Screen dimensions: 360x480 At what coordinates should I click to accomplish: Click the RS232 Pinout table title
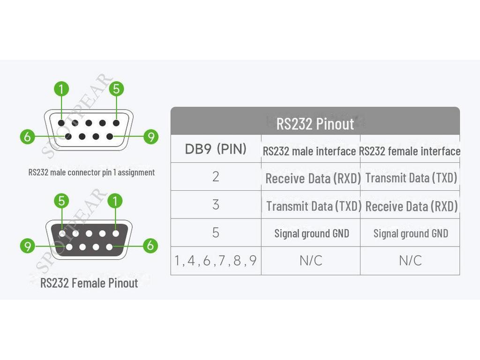tap(315, 124)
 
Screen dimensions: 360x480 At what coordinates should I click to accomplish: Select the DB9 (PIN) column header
tap(216, 150)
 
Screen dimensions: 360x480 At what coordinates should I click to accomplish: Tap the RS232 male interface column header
tap(309, 151)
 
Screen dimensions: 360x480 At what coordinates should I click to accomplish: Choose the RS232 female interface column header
tap(410, 151)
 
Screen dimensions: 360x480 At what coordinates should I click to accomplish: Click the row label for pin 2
tap(216, 177)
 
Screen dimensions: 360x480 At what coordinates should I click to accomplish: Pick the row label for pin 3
tap(216, 205)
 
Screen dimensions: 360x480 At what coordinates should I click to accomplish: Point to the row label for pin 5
tap(216, 232)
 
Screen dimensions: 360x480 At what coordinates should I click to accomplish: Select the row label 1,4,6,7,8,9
tap(216, 261)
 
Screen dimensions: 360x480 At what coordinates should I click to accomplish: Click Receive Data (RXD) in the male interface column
tap(313, 179)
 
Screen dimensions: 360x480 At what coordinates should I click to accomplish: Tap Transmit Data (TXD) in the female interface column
tap(411, 178)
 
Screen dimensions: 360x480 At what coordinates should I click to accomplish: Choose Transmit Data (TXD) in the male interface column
tap(314, 206)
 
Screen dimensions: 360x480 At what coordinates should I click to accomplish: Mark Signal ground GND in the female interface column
tap(411, 233)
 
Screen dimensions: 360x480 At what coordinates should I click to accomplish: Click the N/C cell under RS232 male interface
tap(311, 261)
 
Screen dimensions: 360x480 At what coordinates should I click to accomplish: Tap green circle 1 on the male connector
tap(61, 89)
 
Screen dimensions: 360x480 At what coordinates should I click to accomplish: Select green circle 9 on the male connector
tap(150, 137)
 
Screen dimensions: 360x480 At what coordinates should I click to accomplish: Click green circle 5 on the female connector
tap(62, 202)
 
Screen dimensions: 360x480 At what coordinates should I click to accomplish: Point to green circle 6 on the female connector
tap(150, 245)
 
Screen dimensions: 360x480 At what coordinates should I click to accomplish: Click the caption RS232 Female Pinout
tap(89, 283)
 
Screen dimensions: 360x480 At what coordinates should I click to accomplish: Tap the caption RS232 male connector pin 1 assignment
tap(91, 172)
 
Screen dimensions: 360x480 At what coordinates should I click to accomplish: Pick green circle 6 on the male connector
tap(28, 137)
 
